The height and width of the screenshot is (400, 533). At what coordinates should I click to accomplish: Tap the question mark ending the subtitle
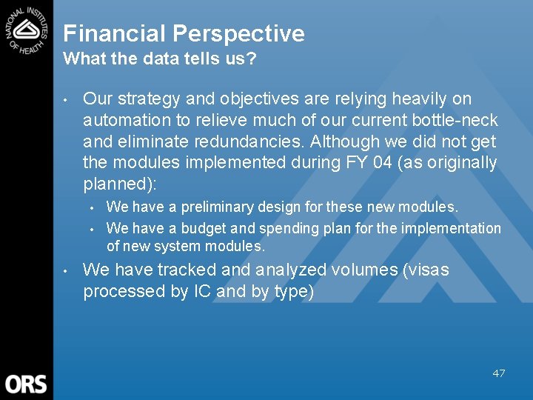(252, 59)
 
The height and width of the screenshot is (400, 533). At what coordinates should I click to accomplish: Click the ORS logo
(26, 384)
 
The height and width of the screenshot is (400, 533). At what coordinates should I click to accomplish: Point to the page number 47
(499, 373)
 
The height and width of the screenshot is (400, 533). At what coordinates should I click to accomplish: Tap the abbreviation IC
(202, 291)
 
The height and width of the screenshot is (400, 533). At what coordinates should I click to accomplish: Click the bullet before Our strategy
(67, 99)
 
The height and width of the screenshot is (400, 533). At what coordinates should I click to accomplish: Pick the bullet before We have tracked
(67, 270)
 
